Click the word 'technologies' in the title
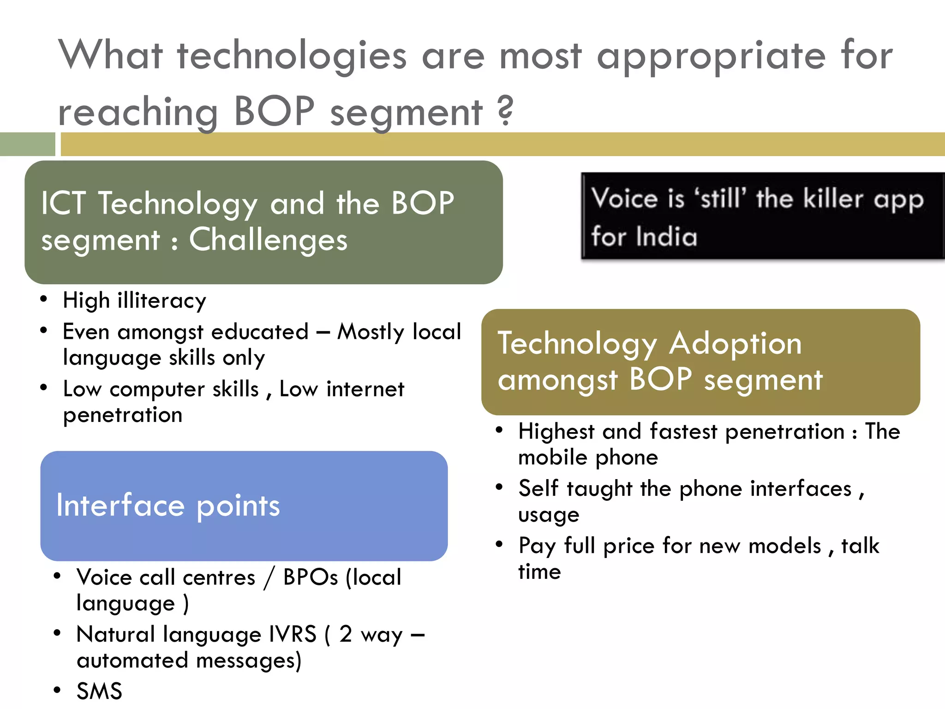pyautogui.click(x=292, y=56)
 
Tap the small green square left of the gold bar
pyautogui.click(x=27, y=144)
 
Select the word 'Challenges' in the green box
pyautogui.click(x=268, y=240)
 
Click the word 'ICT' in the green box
pyautogui.click(x=63, y=203)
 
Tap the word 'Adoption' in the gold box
pyautogui.click(x=735, y=344)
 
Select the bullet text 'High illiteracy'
pyautogui.click(x=134, y=301)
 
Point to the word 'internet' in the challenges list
pyautogui.click(x=365, y=389)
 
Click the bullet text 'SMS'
pyautogui.click(x=99, y=691)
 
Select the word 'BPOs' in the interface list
pyautogui.click(x=311, y=577)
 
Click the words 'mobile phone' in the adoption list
pyautogui.click(x=588, y=457)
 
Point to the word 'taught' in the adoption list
pyautogui.click(x=599, y=489)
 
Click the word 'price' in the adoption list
pyautogui.click(x=629, y=546)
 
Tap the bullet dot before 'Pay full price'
pyautogui.click(x=499, y=544)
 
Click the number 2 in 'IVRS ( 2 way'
pyautogui.click(x=346, y=634)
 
